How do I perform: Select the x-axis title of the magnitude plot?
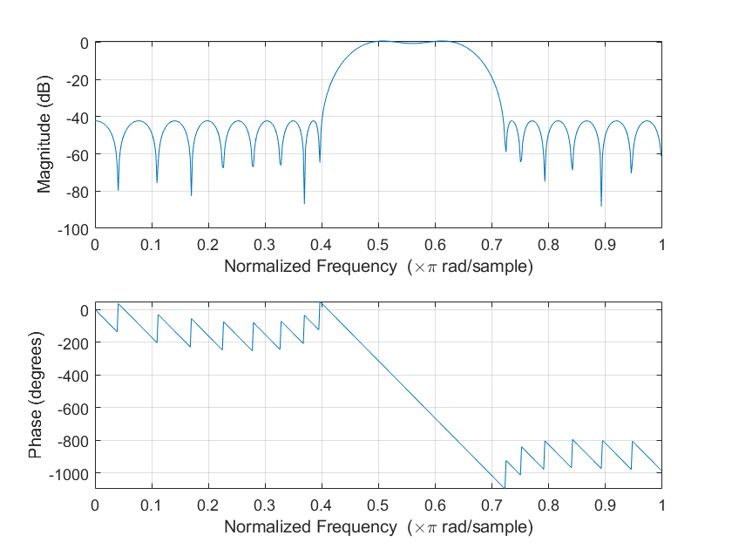tap(377, 266)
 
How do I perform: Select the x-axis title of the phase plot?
tap(377, 526)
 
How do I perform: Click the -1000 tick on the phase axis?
tap(72, 472)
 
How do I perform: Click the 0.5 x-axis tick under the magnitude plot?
tap(377, 245)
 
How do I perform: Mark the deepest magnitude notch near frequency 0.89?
tap(601, 206)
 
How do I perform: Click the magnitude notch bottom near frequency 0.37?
tap(304, 203)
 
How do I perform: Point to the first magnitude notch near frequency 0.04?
tap(118, 190)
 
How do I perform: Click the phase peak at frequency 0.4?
tap(321, 302)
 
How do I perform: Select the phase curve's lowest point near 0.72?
tap(504, 487)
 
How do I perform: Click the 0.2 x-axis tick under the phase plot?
tap(207, 505)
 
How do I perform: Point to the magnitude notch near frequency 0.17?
tap(191, 195)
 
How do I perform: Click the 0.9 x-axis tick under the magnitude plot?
tap(604, 245)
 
